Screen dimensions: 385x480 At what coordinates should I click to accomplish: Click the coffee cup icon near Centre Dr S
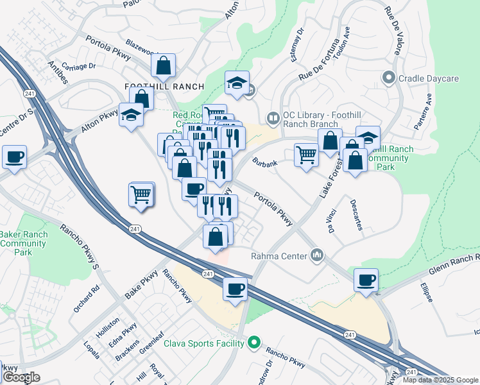click(14, 157)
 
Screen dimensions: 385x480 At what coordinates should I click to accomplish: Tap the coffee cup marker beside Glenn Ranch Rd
click(366, 280)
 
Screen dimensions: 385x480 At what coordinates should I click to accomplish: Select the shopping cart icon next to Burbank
click(306, 155)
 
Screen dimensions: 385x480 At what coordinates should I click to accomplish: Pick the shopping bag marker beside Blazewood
click(164, 65)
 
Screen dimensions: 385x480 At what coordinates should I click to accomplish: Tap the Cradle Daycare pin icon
click(388, 78)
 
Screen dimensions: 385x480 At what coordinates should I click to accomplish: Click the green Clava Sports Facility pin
click(254, 343)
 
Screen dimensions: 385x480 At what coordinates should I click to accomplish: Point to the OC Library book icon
click(273, 118)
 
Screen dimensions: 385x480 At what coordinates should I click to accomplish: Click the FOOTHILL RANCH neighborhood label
click(164, 87)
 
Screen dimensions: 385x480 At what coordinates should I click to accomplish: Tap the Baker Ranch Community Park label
click(24, 243)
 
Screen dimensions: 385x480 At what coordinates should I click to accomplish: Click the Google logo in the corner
click(21, 377)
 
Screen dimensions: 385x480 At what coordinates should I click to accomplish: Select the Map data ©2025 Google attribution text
click(440, 380)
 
